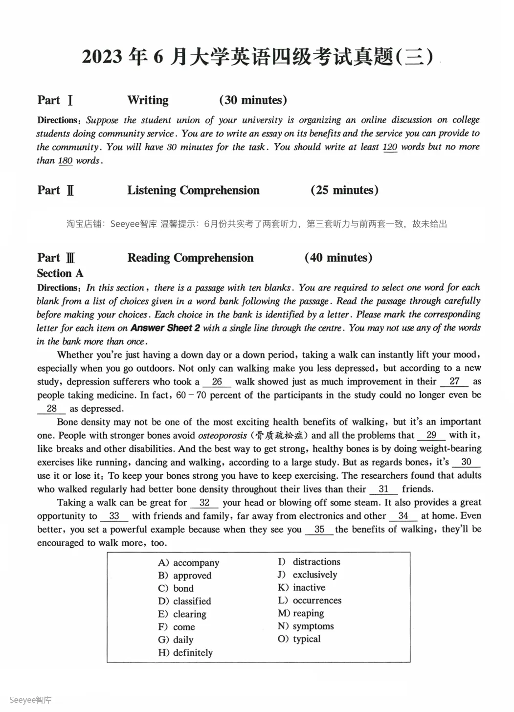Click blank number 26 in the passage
coord(217,382)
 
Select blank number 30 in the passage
coord(466,462)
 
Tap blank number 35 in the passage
coord(319,530)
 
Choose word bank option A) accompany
coord(189,563)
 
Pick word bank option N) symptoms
coord(306,626)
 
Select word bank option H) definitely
coord(185,653)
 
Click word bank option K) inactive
coord(302,588)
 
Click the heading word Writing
coord(148,100)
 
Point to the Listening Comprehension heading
coord(193,190)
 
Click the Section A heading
coord(60,273)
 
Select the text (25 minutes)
coord(344,190)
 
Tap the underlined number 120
coord(390,147)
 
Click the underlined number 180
coord(65,161)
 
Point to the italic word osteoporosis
coord(222,435)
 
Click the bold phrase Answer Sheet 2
coord(165,328)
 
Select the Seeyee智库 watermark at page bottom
coord(30,700)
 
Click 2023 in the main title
coord(102,57)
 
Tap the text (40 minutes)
coord(338,258)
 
